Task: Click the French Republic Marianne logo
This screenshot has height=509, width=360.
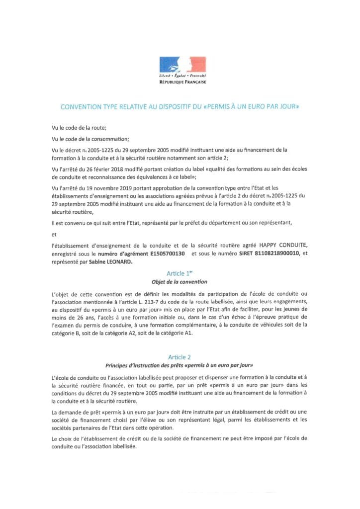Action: click(x=180, y=64)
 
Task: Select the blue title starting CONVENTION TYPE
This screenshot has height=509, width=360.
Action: click(x=180, y=106)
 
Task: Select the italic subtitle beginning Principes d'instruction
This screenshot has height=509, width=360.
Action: click(x=180, y=365)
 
